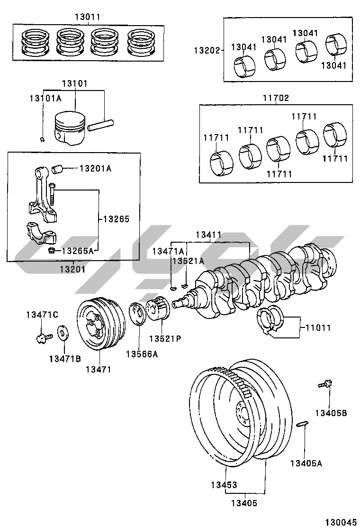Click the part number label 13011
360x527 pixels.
tap(87, 17)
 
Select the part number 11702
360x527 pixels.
tap(276, 98)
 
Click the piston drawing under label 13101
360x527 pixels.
tap(70, 128)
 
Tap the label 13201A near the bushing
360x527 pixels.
tap(95, 168)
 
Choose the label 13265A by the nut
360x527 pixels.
tap(78, 250)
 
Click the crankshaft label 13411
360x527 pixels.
tap(209, 235)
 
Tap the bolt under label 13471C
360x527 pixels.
tap(42, 337)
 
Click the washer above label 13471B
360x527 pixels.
tap(62, 333)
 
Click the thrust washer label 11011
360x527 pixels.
tap(317, 327)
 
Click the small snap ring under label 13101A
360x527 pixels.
tap(43, 139)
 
